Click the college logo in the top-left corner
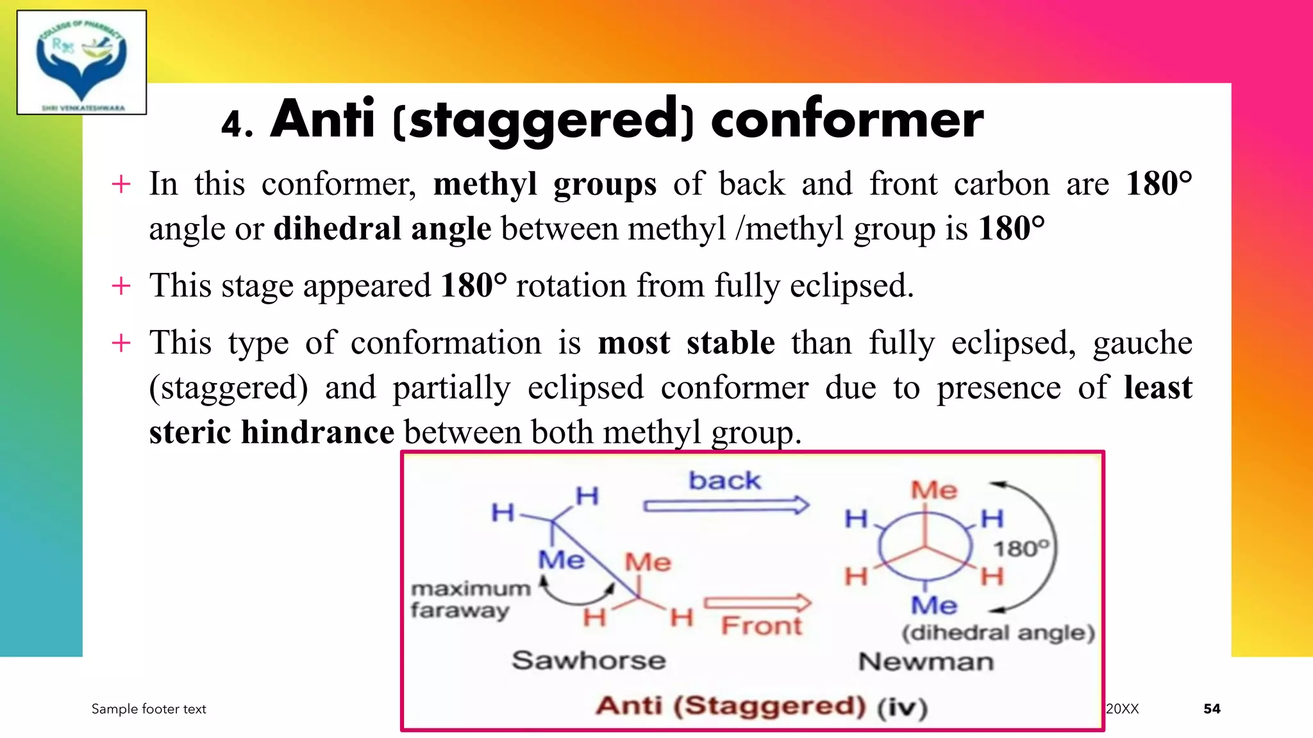tap(81, 62)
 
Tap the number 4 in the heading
tap(232, 124)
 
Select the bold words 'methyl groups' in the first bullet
tap(544, 184)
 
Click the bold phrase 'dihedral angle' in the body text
tap(382, 229)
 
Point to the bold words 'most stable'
tap(686, 343)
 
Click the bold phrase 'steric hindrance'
tap(271, 432)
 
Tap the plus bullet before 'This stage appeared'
tap(121, 286)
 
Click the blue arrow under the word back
tap(726, 505)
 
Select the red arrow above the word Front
tap(757, 602)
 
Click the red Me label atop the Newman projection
tap(934, 490)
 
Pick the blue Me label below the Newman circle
tap(934, 605)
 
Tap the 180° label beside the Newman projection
tap(1021, 548)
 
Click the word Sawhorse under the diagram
tap(589, 660)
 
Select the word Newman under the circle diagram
tap(926, 661)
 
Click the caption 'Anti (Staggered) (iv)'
tap(761, 706)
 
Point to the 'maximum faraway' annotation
tap(470, 599)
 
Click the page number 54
tap(1212, 709)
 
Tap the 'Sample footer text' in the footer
tap(149, 709)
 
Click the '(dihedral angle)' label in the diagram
tap(998, 633)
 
